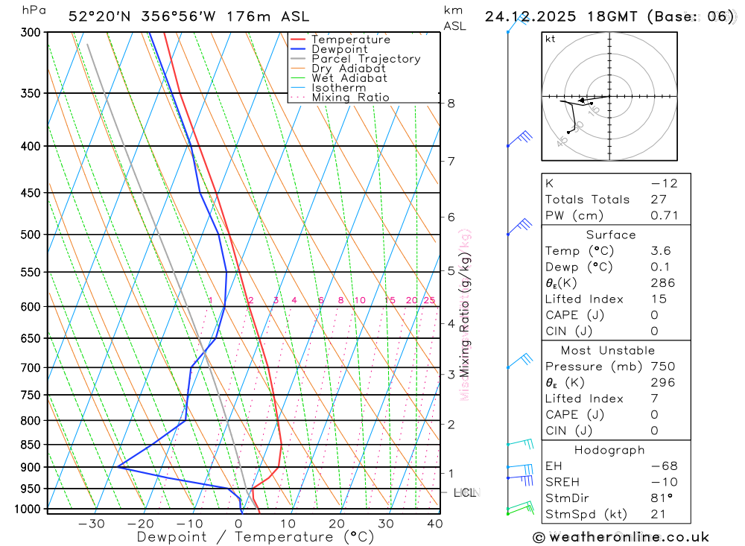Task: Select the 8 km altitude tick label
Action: (451, 104)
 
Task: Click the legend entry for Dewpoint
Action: (339, 49)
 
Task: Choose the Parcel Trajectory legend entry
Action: (366, 59)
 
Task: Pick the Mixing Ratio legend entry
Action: (350, 98)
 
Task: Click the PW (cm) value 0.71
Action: (662, 216)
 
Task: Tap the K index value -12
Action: (664, 183)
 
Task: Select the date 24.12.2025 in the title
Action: (524, 16)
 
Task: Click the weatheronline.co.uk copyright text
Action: (621, 537)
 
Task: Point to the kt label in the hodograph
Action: (551, 39)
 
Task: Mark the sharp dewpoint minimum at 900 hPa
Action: (118, 467)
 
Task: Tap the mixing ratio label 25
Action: (429, 300)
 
